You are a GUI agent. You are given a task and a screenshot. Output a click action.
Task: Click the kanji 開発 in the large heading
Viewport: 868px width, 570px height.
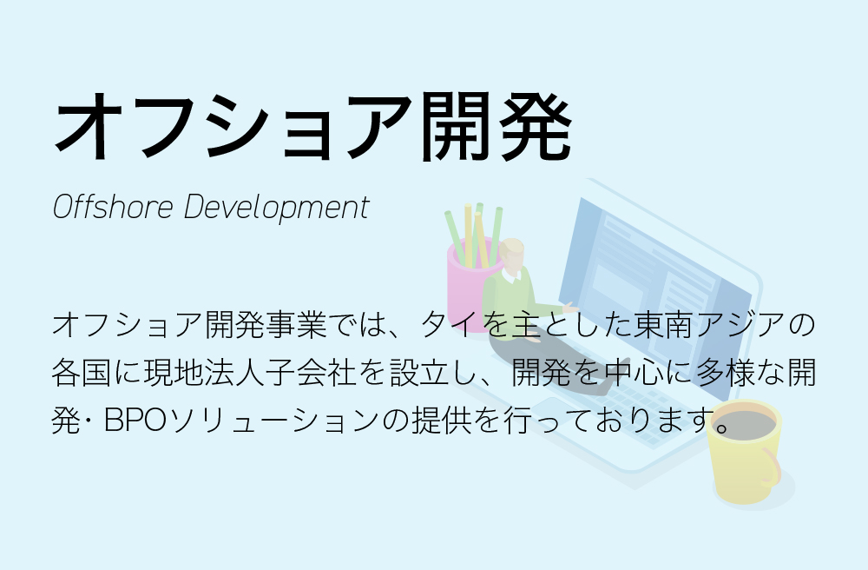click(x=496, y=126)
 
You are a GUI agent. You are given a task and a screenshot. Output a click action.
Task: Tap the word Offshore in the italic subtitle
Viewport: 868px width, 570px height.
click(x=113, y=207)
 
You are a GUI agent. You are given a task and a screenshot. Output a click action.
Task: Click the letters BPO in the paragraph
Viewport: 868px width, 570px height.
click(x=135, y=420)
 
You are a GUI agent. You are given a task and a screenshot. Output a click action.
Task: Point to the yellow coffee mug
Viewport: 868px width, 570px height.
click(x=744, y=452)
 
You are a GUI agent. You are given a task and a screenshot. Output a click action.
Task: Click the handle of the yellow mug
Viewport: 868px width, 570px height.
click(x=770, y=467)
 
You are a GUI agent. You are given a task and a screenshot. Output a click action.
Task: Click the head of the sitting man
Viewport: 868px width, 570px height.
click(x=511, y=255)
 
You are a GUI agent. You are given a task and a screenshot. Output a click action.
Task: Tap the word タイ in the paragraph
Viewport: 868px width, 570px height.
click(x=450, y=324)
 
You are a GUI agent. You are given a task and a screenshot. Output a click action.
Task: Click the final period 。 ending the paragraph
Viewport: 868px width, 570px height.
click(x=721, y=427)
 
